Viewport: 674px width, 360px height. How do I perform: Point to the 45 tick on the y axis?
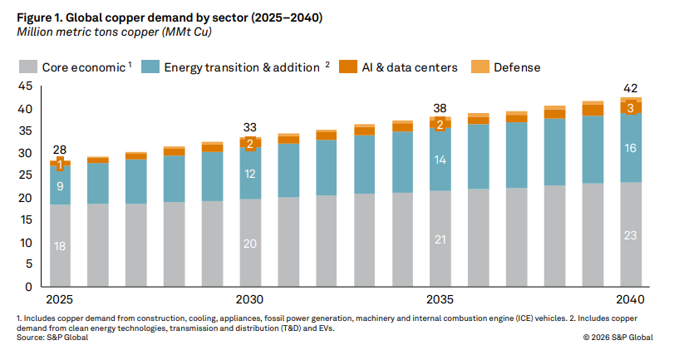(x=24, y=86)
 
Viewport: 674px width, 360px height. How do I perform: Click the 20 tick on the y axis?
(x=24, y=198)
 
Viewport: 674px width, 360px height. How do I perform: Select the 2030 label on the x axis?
(x=250, y=299)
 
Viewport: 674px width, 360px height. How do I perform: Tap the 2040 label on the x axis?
(x=630, y=299)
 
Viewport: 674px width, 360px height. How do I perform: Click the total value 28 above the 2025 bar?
(x=60, y=150)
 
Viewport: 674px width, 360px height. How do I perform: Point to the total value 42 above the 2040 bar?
(x=630, y=88)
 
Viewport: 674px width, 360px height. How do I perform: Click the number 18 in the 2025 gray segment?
(x=60, y=246)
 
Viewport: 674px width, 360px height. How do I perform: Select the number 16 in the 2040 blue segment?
(x=630, y=148)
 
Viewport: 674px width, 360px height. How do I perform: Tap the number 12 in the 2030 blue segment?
(x=250, y=174)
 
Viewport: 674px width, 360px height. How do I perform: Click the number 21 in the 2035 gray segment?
(x=440, y=239)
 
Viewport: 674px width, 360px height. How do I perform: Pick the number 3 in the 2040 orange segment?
(x=630, y=107)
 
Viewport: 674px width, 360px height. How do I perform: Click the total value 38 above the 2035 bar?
(x=440, y=107)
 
